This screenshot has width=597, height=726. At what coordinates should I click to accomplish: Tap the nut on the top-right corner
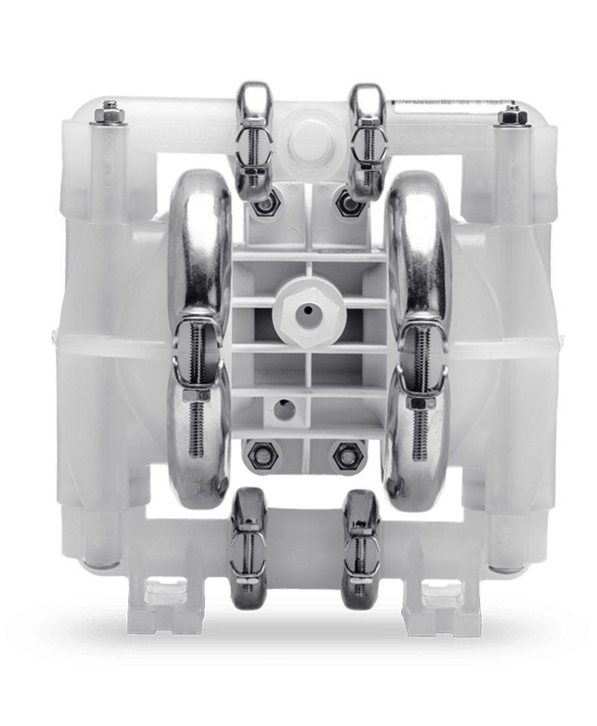(x=512, y=114)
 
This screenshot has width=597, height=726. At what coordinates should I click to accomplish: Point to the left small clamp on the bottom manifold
(x=249, y=545)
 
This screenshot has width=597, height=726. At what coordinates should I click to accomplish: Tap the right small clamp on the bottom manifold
(x=360, y=545)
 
